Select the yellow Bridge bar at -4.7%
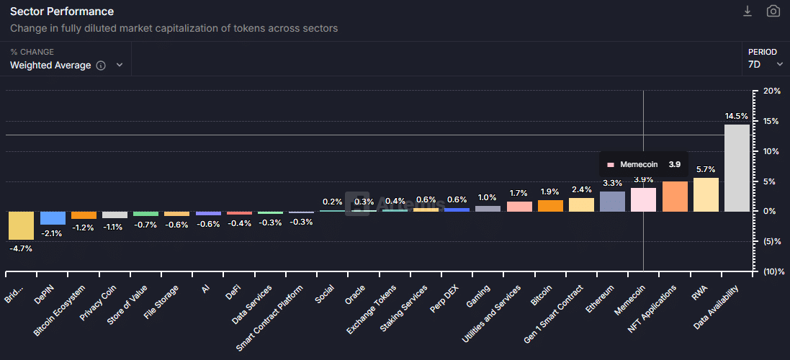21,225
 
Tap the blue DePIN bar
53,218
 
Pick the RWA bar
706,194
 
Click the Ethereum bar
613,202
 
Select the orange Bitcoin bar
551,206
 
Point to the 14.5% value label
737,116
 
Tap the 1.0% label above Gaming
488,197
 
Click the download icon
748,11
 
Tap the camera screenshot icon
773,11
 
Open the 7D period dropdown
766,64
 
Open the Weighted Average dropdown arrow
120,65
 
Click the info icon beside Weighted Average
101,66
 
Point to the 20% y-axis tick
772,91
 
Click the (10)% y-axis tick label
772,271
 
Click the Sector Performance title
62,12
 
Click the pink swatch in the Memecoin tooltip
611,164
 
